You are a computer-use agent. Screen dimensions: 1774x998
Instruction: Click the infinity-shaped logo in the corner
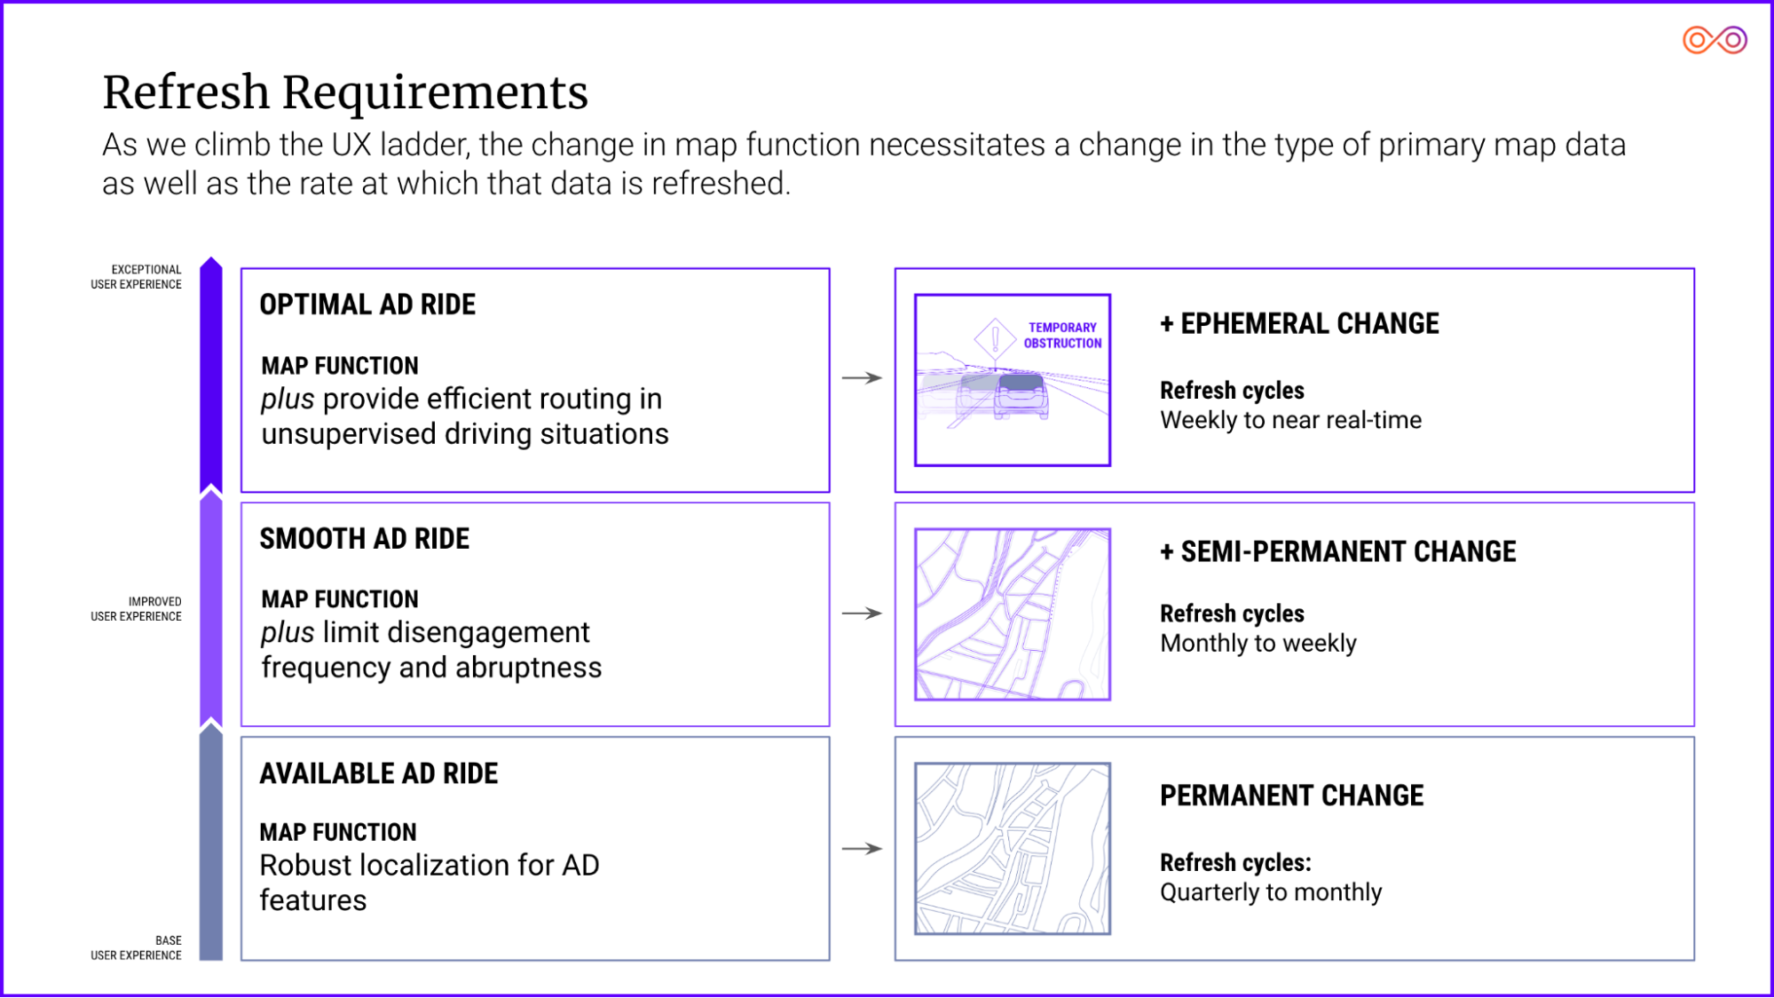click(1715, 40)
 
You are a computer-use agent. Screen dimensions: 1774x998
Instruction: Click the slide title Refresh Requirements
click(345, 92)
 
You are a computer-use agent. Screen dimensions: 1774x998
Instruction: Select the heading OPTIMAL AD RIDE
click(367, 305)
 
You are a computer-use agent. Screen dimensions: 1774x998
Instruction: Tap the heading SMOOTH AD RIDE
click(364, 539)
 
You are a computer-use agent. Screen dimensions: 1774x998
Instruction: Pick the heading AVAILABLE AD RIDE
click(378, 773)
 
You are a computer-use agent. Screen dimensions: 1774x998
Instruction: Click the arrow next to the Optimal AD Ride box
click(862, 378)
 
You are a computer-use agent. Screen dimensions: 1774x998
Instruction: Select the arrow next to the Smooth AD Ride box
click(862, 613)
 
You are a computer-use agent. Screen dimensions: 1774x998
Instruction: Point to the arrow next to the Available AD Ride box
click(862, 848)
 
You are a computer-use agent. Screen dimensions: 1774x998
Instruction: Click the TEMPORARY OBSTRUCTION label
click(1062, 336)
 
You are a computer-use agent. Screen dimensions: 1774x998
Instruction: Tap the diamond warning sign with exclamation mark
click(995, 339)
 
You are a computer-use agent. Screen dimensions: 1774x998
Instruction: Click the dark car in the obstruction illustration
click(1021, 395)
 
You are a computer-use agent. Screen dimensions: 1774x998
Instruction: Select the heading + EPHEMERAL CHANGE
click(1299, 324)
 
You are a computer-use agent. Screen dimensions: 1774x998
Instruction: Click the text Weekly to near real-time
click(1290, 420)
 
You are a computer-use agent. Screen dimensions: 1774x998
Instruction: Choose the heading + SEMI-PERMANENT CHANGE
click(1338, 551)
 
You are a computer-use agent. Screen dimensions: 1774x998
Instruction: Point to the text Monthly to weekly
click(1258, 643)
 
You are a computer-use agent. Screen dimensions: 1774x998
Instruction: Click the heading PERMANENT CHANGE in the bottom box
click(1291, 796)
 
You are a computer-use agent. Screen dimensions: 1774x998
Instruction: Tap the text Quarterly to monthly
click(1271, 891)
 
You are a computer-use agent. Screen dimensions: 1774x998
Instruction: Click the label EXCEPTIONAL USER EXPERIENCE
click(136, 277)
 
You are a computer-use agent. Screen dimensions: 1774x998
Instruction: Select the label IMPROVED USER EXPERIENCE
click(136, 609)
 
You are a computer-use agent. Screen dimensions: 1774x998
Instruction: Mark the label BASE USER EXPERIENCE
click(136, 948)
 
